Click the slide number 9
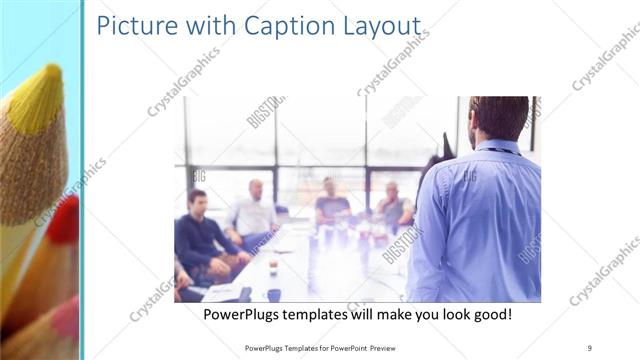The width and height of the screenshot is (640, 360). click(589, 347)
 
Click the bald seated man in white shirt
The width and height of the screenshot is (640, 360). click(256, 210)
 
